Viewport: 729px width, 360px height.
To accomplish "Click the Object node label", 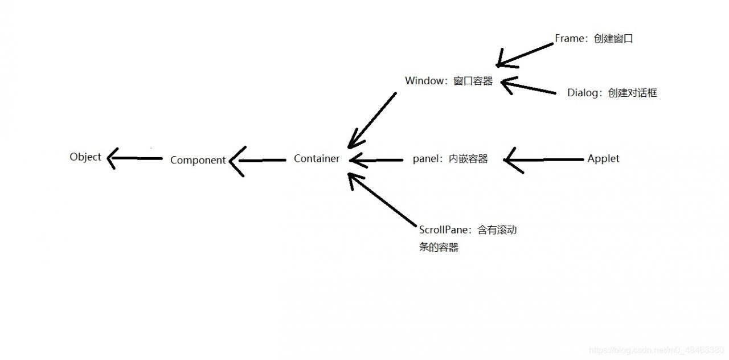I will coord(85,157).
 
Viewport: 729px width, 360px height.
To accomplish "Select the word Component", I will coord(198,161).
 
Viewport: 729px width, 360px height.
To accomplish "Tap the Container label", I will coord(317,159).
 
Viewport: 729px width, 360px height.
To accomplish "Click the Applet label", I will coord(603,159).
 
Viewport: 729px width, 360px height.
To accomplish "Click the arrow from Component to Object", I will coord(134,158).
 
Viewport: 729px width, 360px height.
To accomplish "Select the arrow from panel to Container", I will coord(376,160).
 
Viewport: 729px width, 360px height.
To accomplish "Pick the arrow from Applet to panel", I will coord(544,159).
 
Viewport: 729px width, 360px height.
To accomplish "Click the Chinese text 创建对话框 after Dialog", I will coord(632,93).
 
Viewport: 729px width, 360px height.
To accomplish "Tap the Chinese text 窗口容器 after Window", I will coord(473,81).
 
